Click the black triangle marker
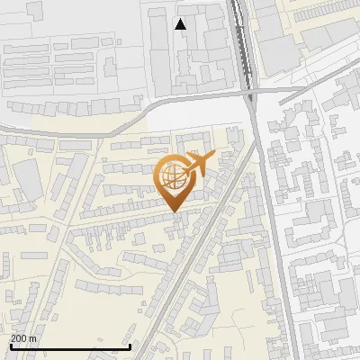pos(181,24)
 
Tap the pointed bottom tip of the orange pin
pos(175,211)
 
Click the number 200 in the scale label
pos(19,338)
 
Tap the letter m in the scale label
pos(32,338)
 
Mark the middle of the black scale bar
pos(70,346)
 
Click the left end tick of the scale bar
pos(10,346)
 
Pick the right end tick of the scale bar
pos(130,346)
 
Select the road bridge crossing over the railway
pos(249,91)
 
